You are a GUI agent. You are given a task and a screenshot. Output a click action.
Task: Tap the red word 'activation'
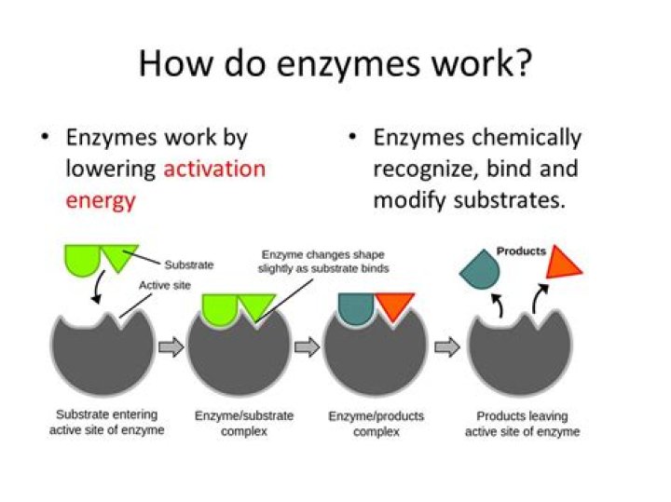[x=214, y=170]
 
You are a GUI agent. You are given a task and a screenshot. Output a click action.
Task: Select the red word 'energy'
[x=101, y=200]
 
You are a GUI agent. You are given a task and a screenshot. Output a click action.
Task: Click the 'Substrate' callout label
[x=188, y=265]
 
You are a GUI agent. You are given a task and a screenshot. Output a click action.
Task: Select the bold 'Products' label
[x=521, y=251]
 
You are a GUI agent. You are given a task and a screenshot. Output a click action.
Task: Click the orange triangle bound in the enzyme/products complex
[x=394, y=306]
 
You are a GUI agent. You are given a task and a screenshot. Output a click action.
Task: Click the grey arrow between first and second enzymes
[x=171, y=347]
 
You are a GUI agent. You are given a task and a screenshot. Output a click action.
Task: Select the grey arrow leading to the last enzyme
[x=447, y=347]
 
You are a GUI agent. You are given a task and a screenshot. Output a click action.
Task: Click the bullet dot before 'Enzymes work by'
[x=44, y=139]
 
